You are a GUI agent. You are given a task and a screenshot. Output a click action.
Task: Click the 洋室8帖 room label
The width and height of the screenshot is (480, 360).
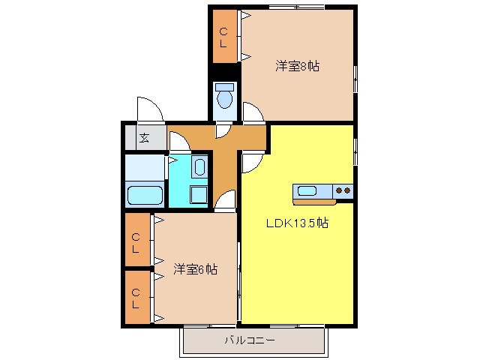click(297, 66)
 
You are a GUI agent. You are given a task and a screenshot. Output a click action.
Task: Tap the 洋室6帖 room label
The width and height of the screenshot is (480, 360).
click(196, 268)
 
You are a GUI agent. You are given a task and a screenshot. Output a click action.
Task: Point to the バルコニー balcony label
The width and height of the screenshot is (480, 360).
click(250, 340)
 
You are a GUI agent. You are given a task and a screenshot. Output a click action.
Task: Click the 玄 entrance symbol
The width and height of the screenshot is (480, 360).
click(142, 138)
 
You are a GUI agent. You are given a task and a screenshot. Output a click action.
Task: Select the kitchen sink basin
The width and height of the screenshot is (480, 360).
click(307, 190)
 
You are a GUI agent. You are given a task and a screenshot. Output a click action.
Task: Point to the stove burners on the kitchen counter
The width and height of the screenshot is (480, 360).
click(343, 190)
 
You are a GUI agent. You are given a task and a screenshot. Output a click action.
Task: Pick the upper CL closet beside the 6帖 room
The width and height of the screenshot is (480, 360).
click(136, 243)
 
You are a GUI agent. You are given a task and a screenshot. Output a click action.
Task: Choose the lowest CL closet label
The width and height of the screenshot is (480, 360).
click(136, 298)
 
